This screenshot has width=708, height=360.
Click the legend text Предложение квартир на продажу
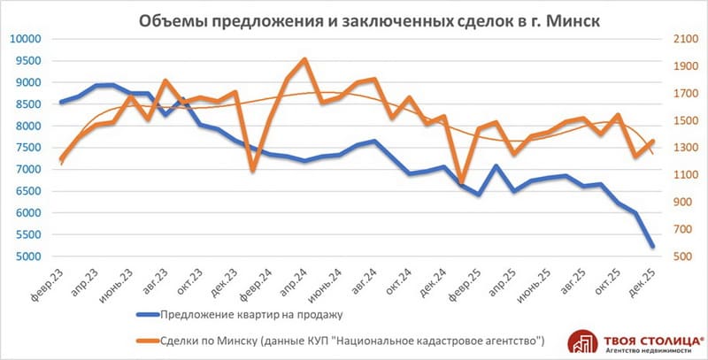(251, 313)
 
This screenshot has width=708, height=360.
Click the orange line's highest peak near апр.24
(304, 60)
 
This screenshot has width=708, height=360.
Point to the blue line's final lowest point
(652, 246)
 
